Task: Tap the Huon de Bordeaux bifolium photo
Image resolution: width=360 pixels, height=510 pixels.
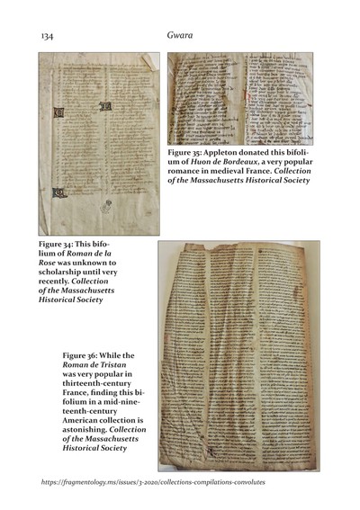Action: tap(239, 97)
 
